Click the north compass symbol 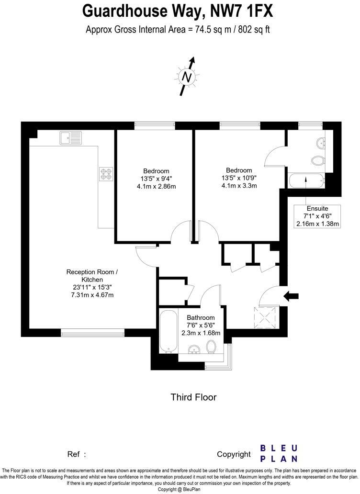(188, 77)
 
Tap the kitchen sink (70, 138)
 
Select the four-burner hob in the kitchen (106, 173)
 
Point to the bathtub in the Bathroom (168, 331)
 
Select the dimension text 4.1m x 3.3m (239, 186)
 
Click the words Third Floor (193, 397)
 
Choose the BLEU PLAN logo (279, 453)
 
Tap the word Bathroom (201, 317)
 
